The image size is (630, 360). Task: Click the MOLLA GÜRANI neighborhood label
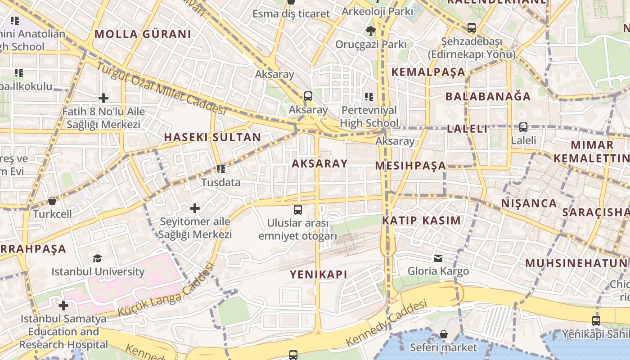(x=143, y=34)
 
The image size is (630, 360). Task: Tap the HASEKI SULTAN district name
(x=212, y=137)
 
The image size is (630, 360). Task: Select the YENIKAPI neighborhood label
(x=318, y=274)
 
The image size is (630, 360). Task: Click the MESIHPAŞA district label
(x=410, y=166)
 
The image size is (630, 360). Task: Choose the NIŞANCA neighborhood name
(x=529, y=203)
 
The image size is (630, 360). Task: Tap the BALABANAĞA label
(x=488, y=96)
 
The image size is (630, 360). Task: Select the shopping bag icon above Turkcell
(x=52, y=201)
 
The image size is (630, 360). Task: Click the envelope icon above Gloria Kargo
(x=438, y=258)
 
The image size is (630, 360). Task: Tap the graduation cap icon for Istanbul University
(x=97, y=258)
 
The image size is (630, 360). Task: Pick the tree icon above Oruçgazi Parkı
(x=370, y=31)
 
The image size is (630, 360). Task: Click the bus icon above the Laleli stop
(x=523, y=127)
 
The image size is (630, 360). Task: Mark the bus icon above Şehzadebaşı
(x=471, y=28)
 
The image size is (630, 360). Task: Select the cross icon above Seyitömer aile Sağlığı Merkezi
(x=195, y=208)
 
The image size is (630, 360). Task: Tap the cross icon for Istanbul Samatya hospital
(x=63, y=306)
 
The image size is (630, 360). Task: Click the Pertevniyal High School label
(x=369, y=117)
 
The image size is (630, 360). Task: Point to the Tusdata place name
(x=220, y=183)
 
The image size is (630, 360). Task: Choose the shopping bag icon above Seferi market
(x=443, y=334)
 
